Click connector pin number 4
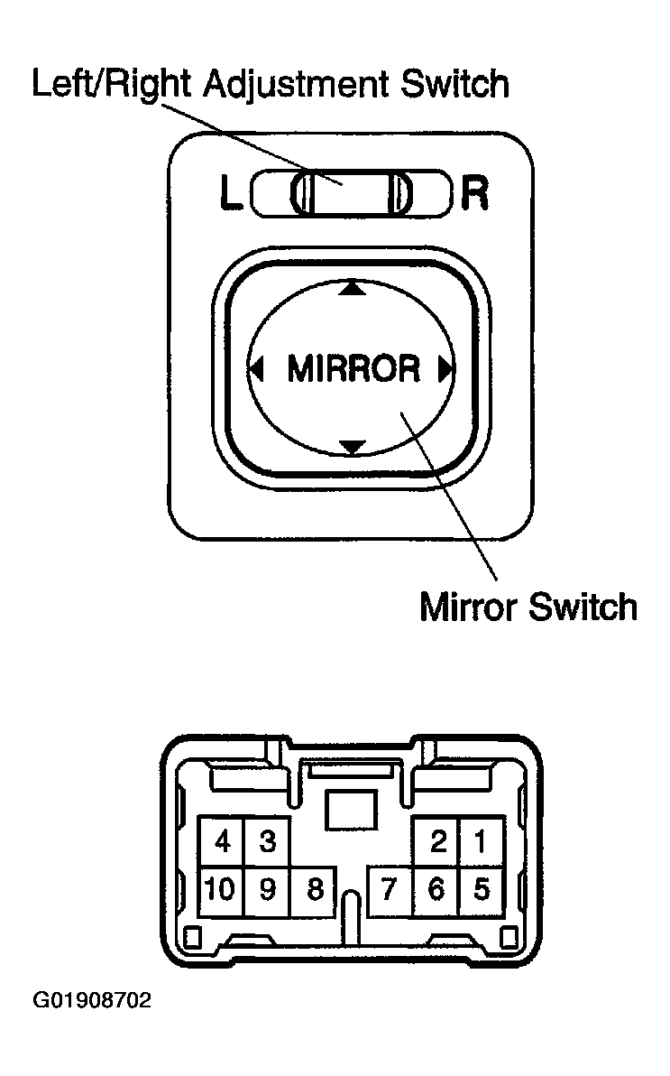coord(222,841)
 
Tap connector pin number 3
coord(268,841)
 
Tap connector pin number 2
coord(436,841)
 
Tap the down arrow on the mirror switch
coord(353,448)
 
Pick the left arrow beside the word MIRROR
coord(256,369)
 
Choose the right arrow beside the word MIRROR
coord(445,369)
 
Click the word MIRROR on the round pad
coord(353,368)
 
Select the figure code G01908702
coord(92,1000)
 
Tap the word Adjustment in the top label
coord(297,86)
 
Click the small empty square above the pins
coord(351,810)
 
